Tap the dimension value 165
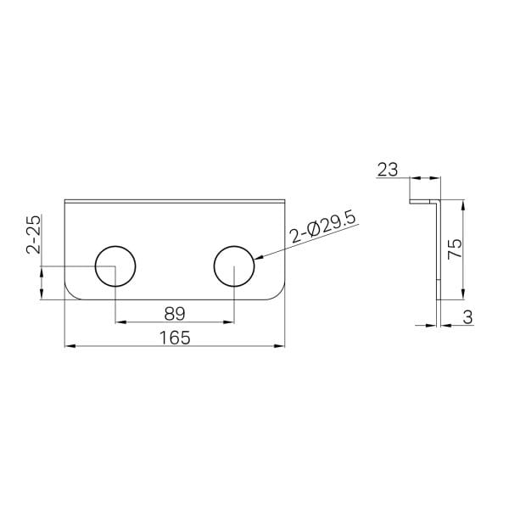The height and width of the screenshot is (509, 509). pyautogui.click(x=175, y=338)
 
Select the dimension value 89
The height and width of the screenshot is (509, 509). pyautogui.click(x=175, y=314)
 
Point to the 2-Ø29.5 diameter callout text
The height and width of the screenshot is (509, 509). pyautogui.click(x=323, y=227)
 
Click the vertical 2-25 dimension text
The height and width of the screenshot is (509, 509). pyautogui.click(x=34, y=234)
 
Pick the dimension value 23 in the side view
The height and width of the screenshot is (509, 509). pyautogui.click(x=388, y=170)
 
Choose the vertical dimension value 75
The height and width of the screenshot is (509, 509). pyautogui.click(x=455, y=249)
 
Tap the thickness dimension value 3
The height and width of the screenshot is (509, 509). pyautogui.click(x=467, y=317)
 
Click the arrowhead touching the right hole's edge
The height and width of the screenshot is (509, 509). pyautogui.click(x=260, y=258)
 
